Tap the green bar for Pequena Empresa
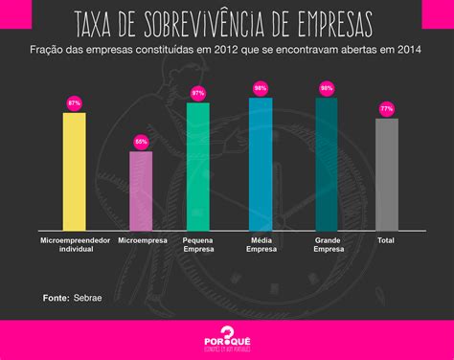(198, 166)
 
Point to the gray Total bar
(386, 173)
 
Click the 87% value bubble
(74, 101)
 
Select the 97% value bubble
(198, 93)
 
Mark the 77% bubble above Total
(386, 109)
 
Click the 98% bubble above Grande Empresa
(326, 88)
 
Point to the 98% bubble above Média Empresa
(261, 88)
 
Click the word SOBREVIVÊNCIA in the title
(218, 23)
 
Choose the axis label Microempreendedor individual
(74, 246)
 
